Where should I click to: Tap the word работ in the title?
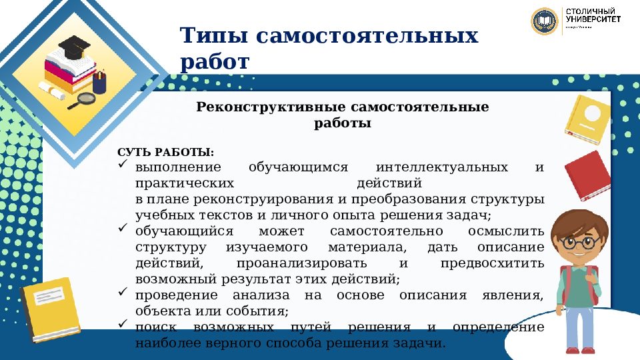point(214,61)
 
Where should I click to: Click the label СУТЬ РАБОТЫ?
point(166,153)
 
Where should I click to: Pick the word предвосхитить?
point(492,263)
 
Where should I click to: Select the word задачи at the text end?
point(421,343)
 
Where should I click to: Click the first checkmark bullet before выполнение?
point(122,165)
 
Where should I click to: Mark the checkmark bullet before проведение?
point(122,293)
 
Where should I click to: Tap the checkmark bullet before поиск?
point(122,325)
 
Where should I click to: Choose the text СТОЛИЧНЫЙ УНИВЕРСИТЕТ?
point(593,17)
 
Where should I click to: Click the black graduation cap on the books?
point(74,45)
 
